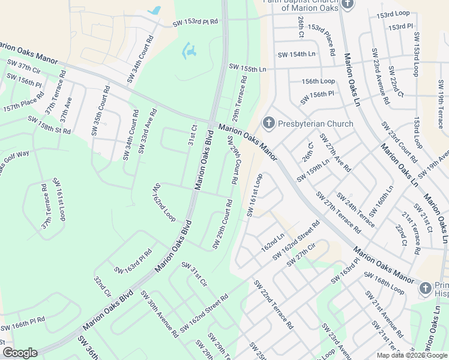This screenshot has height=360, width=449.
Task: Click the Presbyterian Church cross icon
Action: click(x=268, y=124)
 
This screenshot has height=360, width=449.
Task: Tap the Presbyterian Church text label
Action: click(x=315, y=124)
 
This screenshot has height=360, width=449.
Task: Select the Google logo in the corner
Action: click(x=20, y=353)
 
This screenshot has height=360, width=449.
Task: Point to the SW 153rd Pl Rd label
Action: click(x=195, y=22)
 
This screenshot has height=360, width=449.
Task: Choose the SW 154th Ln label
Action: click(x=297, y=55)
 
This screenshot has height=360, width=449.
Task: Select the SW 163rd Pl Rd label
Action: click(x=133, y=260)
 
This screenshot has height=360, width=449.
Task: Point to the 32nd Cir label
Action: click(x=101, y=286)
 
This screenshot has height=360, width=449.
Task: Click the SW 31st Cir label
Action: click(x=194, y=274)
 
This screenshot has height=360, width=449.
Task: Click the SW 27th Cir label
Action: click(x=301, y=254)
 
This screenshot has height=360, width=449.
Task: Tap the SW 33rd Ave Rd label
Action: click(x=148, y=130)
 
